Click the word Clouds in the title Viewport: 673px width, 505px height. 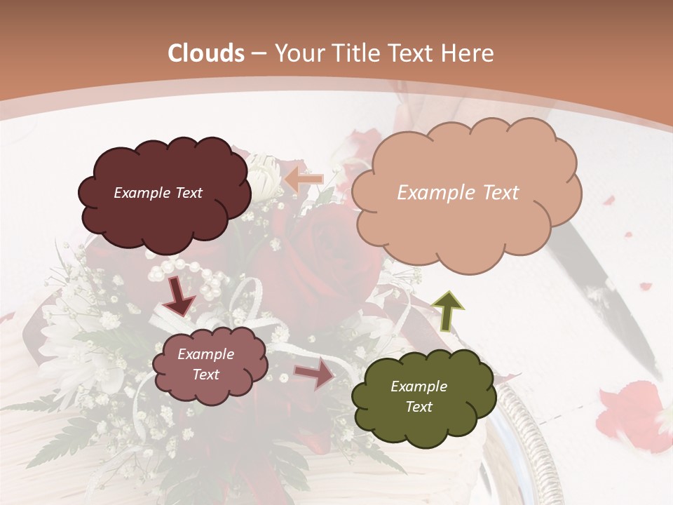tap(206, 53)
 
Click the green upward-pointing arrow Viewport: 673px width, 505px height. tap(447, 311)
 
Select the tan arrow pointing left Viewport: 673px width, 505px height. tap(303, 180)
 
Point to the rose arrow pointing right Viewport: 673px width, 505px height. tap(315, 373)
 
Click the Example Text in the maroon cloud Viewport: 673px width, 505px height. tap(158, 193)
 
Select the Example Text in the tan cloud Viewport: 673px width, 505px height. tap(458, 193)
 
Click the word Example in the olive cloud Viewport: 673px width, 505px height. tap(419, 386)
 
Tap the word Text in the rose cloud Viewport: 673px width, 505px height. tap(205, 375)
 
